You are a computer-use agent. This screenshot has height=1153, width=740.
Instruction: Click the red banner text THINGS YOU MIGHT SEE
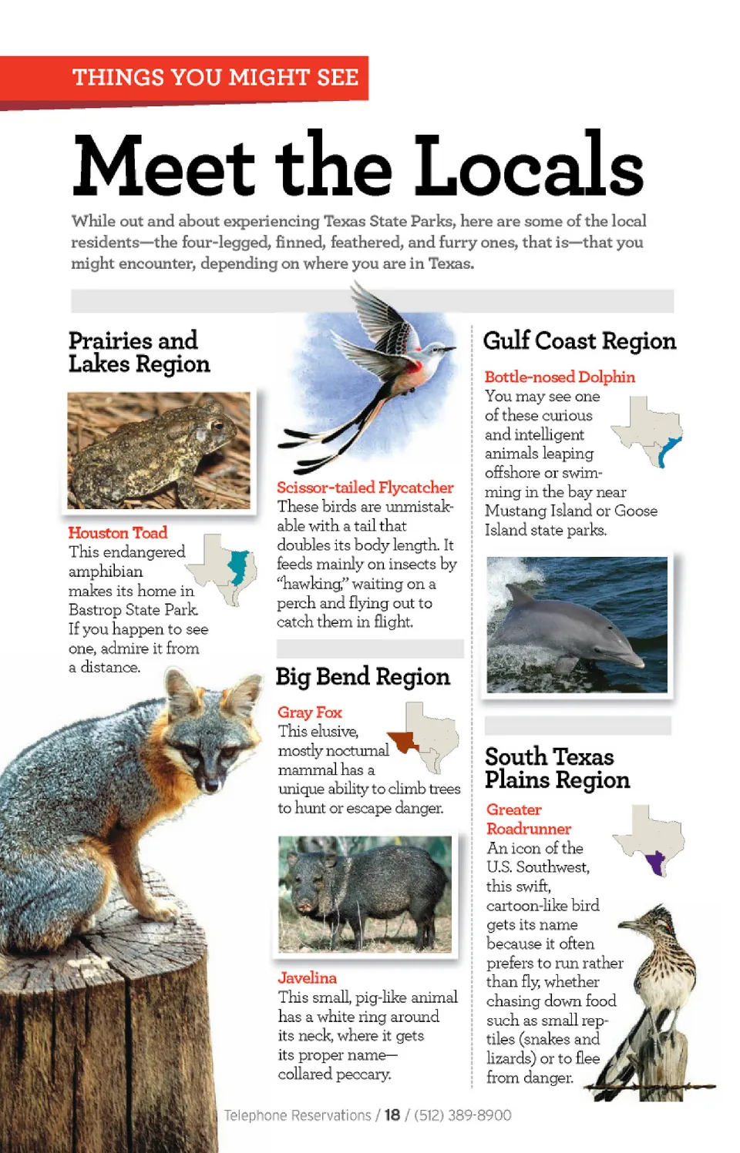click(x=215, y=78)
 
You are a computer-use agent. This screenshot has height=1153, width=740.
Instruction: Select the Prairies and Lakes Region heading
click(x=139, y=352)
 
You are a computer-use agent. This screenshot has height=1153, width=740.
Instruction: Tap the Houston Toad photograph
click(x=159, y=451)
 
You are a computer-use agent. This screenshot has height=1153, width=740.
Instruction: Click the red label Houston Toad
click(x=117, y=532)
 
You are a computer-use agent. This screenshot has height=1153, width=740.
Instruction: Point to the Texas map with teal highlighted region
click(x=224, y=569)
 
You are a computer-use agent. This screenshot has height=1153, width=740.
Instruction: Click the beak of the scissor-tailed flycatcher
click(x=451, y=348)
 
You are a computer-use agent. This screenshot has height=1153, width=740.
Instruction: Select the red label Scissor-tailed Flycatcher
click(x=365, y=488)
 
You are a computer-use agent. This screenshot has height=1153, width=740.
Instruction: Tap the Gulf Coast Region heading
click(x=579, y=340)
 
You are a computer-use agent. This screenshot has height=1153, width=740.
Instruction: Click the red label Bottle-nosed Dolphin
click(x=560, y=377)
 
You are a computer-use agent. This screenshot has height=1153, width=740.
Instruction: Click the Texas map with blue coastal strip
click(x=649, y=432)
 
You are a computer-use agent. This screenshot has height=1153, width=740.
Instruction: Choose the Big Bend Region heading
click(x=362, y=676)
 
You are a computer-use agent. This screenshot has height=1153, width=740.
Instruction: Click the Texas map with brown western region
click(x=423, y=736)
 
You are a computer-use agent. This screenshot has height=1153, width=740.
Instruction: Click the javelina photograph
click(x=365, y=894)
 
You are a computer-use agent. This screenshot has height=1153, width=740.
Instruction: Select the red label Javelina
click(x=307, y=977)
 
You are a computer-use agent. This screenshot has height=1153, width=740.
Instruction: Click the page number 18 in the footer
click(x=392, y=1114)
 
